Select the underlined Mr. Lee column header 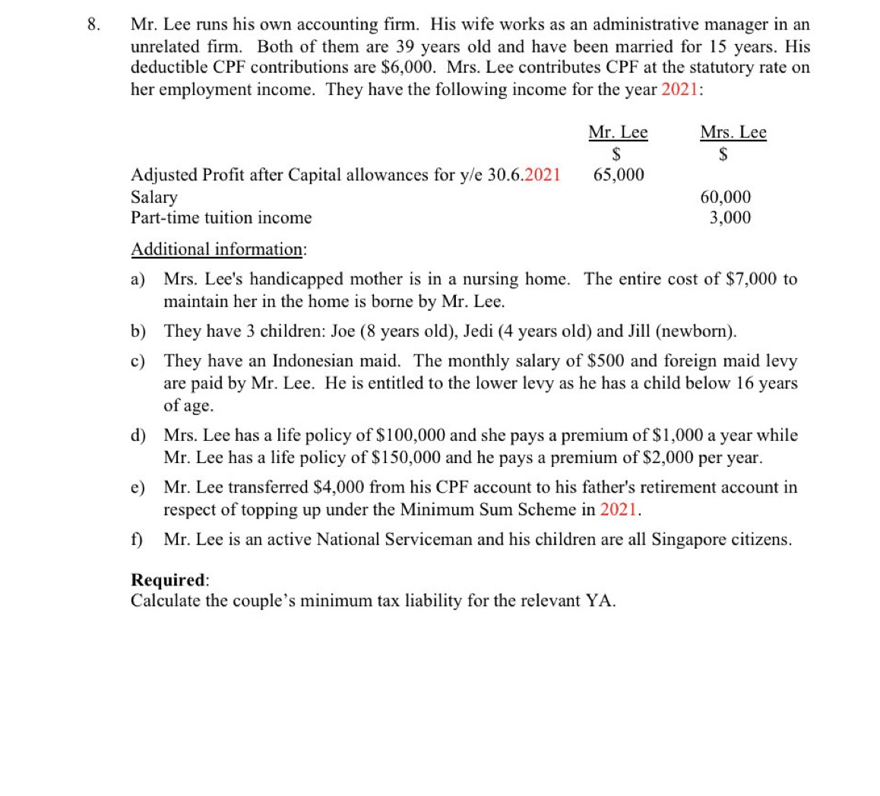tap(618, 132)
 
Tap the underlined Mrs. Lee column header tap(733, 132)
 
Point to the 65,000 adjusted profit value tap(618, 175)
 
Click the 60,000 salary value tap(725, 197)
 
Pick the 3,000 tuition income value tap(730, 217)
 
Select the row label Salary tap(154, 197)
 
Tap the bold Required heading tap(169, 579)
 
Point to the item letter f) tap(138, 539)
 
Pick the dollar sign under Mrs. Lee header tap(724, 154)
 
